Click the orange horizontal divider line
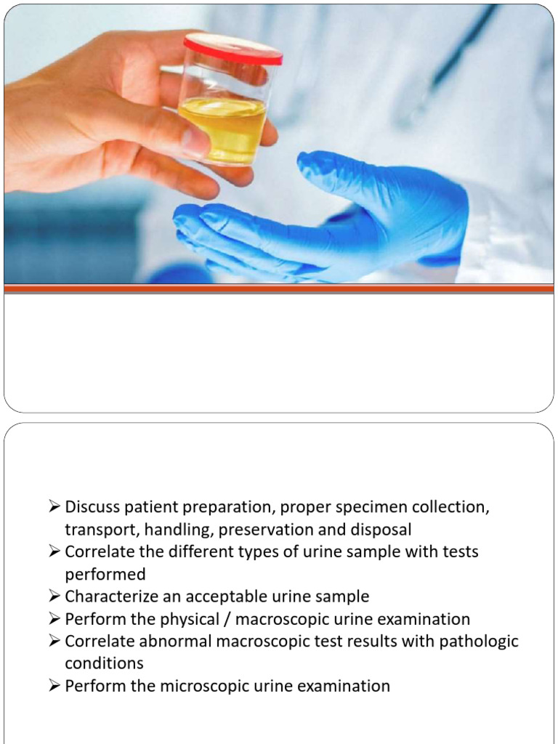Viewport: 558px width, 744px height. (x=279, y=288)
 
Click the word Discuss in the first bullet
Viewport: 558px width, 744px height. (x=92, y=507)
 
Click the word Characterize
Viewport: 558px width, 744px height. (x=113, y=597)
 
